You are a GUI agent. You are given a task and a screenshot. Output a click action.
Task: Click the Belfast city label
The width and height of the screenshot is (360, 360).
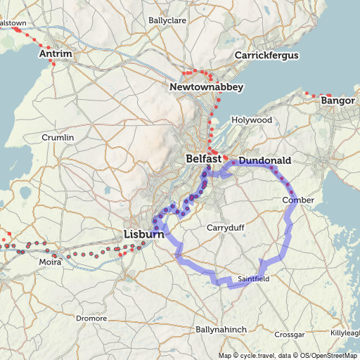[203, 160]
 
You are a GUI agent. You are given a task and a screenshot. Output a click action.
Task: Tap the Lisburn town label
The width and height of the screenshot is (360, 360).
[143, 233]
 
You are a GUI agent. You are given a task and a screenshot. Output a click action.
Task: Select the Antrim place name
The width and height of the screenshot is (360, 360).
[55, 53]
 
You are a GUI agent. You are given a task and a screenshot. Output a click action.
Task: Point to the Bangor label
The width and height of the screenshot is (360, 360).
[337, 101]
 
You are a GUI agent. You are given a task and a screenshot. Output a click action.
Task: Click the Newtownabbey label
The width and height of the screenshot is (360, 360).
[206, 87]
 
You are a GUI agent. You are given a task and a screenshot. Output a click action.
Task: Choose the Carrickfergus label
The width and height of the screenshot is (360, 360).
[266, 56]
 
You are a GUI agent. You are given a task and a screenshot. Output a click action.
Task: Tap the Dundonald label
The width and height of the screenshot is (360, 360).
[264, 161]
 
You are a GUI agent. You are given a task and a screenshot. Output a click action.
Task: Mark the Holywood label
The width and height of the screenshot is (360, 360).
[251, 120]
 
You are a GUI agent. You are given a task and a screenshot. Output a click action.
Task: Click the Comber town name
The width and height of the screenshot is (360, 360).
[297, 200]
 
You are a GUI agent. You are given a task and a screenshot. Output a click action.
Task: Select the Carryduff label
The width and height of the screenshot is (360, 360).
[224, 228]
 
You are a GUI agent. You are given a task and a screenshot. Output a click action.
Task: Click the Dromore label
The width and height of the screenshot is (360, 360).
[91, 319]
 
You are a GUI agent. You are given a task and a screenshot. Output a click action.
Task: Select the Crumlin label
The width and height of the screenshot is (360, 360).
[58, 137]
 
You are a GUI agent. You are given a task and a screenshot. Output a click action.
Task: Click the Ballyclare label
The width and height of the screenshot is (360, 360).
[167, 20]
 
